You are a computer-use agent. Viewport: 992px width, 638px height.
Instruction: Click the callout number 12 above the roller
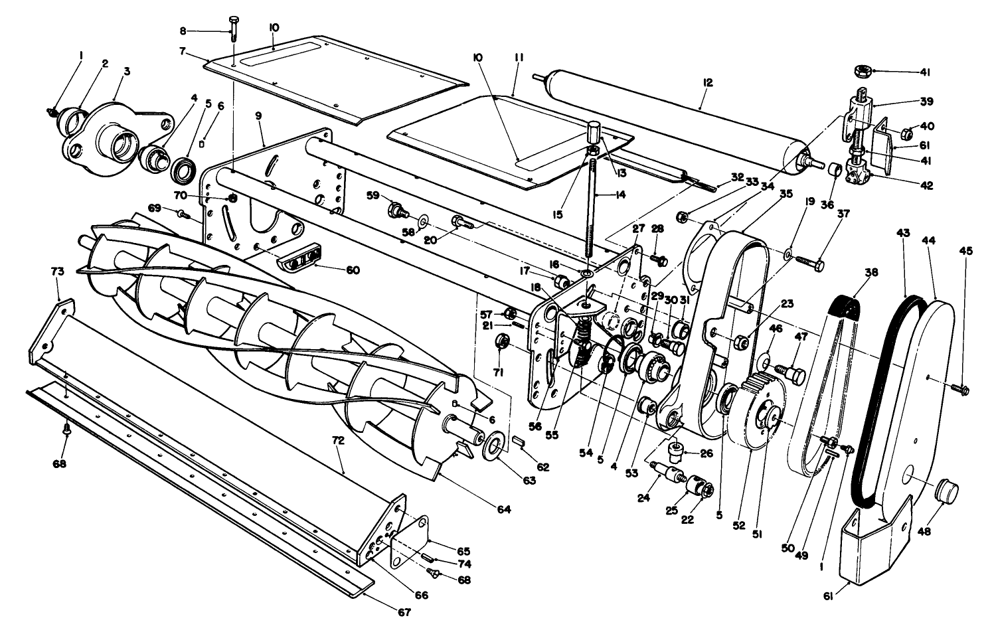pyautogui.click(x=707, y=82)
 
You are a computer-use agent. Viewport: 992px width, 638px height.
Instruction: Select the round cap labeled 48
pyautogui.click(x=947, y=493)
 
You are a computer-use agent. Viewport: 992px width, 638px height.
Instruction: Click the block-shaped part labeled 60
pyautogui.click(x=298, y=256)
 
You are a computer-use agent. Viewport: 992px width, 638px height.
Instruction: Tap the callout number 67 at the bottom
pyautogui.click(x=404, y=612)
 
